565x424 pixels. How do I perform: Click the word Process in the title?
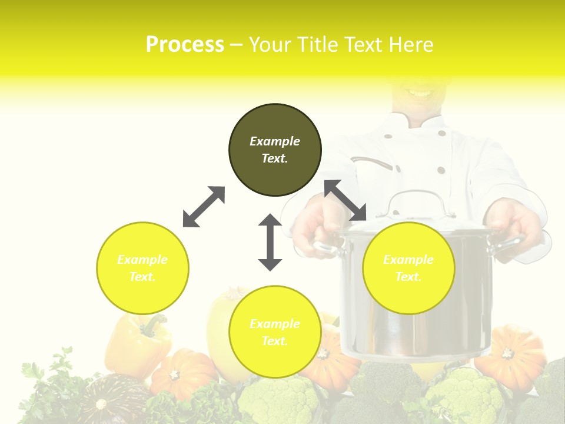pyautogui.click(x=185, y=45)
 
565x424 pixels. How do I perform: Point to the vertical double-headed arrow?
pyautogui.click(x=270, y=242)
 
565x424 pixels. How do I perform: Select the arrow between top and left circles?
pyautogui.click(x=204, y=207)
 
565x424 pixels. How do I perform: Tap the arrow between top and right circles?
pyautogui.click(x=345, y=200)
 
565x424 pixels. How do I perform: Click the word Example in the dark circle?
pyautogui.click(x=275, y=141)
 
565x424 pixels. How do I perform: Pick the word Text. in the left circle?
pyautogui.click(x=142, y=277)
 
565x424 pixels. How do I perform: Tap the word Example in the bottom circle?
pyautogui.click(x=275, y=324)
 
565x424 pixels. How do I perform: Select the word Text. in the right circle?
pyautogui.click(x=408, y=277)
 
